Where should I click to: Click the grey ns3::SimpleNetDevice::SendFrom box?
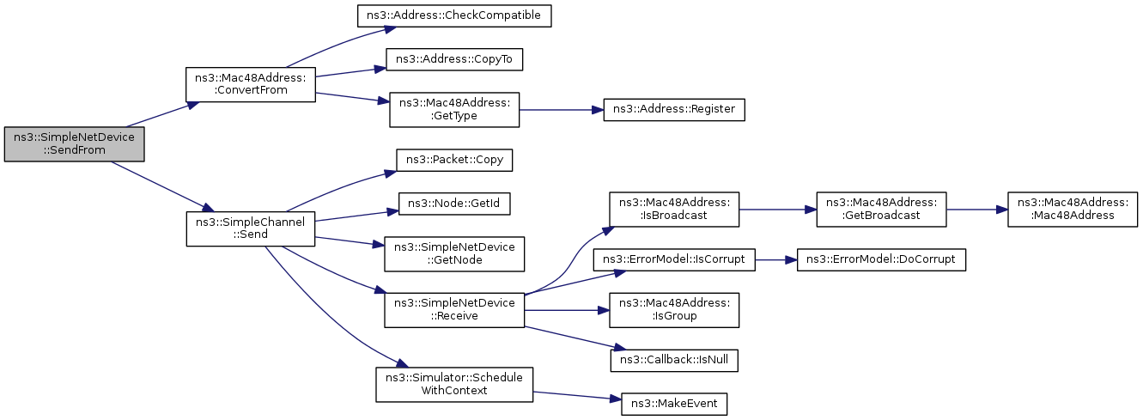point(74,144)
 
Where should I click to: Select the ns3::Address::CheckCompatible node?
point(454,15)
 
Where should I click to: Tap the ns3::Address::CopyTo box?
point(454,59)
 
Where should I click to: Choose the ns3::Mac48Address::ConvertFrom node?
point(251,84)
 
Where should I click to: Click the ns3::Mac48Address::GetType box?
point(454,110)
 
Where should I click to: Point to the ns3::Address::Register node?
point(674,110)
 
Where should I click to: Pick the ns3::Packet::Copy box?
point(454,161)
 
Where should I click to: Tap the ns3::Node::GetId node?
point(454,204)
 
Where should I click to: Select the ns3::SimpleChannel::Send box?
point(251,228)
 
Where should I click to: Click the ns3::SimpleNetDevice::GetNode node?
point(454,253)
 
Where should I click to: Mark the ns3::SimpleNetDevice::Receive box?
point(454,310)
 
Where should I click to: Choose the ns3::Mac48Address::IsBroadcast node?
point(674,210)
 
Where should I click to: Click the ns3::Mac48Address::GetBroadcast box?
point(881,210)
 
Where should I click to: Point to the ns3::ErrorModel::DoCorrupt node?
point(881,259)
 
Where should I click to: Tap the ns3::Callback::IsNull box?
point(674,360)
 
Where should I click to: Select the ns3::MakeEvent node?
point(674,405)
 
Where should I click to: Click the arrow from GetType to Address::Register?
point(562,110)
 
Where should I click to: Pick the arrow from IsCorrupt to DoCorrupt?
point(776,259)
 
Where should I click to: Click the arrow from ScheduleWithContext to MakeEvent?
point(577,395)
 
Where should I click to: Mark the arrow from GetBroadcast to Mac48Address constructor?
point(977,210)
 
